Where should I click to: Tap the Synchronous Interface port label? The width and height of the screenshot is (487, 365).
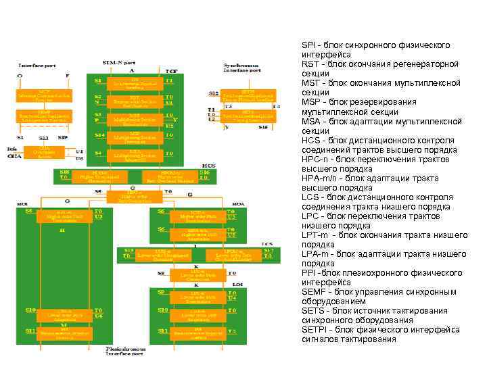pos(242,68)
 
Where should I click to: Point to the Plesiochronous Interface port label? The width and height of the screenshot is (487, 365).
pos(124,351)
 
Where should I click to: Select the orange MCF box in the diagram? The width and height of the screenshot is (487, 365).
pos(44,96)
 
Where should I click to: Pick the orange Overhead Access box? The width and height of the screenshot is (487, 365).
pos(45,153)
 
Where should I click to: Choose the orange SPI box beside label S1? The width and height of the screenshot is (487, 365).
pos(135,82)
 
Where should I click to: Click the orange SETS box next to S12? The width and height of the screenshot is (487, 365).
pos(248,95)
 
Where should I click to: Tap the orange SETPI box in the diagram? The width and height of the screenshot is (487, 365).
pos(248,116)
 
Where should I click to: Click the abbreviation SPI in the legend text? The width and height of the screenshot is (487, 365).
pos(309,45)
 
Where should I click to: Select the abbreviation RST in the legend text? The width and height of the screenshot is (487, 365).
pos(310,64)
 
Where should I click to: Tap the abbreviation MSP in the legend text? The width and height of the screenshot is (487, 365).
pos(311,102)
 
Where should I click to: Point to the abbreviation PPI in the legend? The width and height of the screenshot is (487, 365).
pos(309,272)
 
